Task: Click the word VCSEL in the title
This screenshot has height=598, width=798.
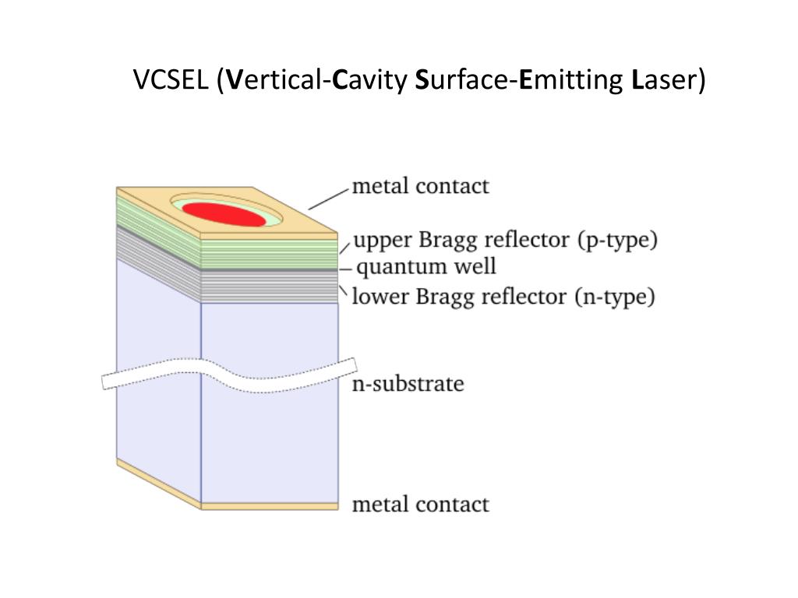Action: tap(171, 79)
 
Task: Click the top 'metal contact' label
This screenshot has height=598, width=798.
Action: tap(421, 186)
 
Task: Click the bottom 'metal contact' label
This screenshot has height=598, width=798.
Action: tap(421, 504)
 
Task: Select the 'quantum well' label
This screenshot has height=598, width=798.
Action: tap(425, 267)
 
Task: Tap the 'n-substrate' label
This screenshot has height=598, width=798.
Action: tap(408, 384)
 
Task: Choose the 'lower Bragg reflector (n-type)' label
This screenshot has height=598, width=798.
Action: tap(503, 297)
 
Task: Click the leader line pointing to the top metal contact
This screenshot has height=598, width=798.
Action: tap(328, 199)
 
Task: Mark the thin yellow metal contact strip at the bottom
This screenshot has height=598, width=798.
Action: tap(269, 506)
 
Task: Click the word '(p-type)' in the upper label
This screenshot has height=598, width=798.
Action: tap(618, 240)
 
